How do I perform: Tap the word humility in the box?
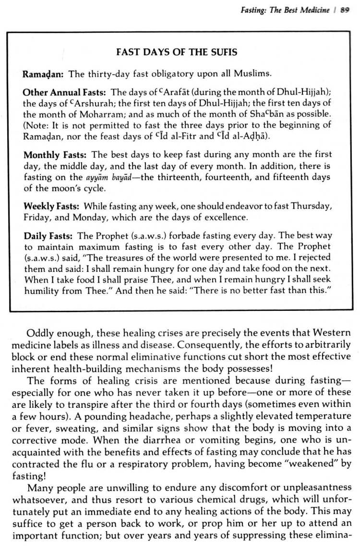click(x=41, y=291)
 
